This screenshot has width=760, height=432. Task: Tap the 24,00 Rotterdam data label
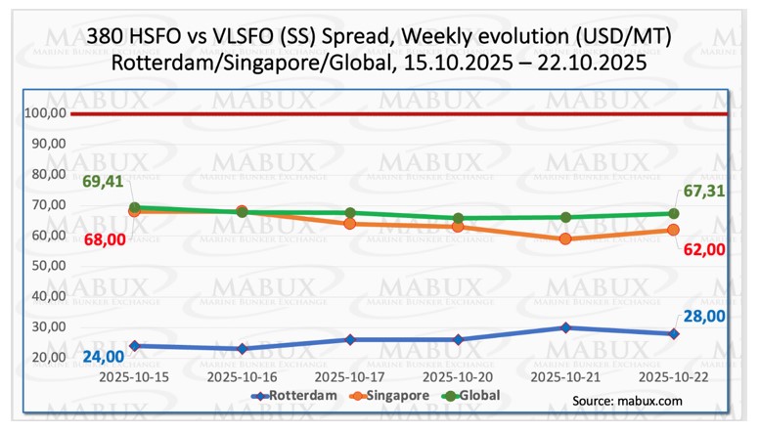tap(103, 357)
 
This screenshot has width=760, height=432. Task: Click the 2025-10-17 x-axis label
tap(350, 375)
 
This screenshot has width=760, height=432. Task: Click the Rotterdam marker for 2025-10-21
tap(565, 327)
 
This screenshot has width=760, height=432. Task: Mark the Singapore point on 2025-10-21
tap(565, 238)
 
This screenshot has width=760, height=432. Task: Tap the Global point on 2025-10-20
tap(458, 218)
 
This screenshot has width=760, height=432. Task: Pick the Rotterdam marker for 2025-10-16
tap(242, 348)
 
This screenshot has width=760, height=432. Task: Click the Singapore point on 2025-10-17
tap(350, 224)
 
